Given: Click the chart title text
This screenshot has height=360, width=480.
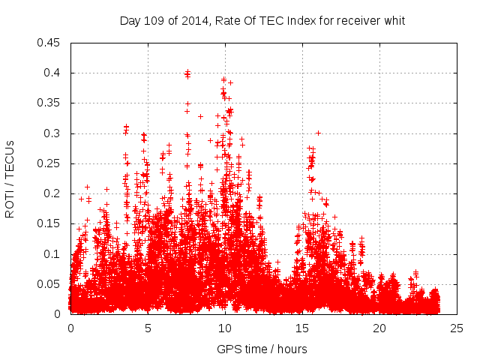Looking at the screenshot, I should click(262, 21).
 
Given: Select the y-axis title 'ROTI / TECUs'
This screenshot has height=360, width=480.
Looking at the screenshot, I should click(10, 178).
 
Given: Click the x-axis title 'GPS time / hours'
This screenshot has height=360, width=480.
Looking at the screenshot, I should click(262, 349).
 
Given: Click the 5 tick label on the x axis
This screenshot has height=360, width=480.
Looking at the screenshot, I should click(148, 328).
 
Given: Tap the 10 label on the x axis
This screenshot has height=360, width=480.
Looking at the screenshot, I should click(225, 328).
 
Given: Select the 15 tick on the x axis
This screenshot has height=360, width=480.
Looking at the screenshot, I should click(302, 328).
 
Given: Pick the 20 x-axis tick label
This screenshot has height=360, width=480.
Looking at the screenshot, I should click(379, 328).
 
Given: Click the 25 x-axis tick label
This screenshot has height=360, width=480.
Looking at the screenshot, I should click(457, 328).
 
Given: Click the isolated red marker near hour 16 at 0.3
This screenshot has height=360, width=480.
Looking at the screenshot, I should click(318, 133).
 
